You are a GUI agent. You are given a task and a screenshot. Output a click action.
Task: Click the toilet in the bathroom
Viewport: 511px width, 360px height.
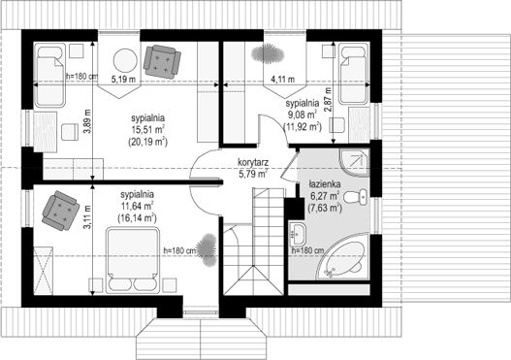point(356,197)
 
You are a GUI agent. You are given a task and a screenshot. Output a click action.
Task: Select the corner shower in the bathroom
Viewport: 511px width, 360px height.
point(355,162)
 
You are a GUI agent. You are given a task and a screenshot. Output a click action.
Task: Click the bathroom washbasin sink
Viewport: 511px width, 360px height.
point(297,233)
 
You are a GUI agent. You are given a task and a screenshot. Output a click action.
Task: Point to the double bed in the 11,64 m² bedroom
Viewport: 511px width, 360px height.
point(133,260)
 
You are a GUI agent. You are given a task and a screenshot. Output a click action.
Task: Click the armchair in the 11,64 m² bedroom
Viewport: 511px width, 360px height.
point(61,211)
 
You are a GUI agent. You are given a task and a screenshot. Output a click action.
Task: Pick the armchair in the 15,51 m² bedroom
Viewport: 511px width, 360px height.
point(162,62)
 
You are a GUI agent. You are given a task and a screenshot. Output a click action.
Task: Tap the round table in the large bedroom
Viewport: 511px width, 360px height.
point(125,60)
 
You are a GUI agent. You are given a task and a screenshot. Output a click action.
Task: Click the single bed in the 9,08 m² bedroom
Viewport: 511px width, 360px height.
point(354,76)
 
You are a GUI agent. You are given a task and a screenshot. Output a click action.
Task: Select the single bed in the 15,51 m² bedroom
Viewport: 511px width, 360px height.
point(49,76)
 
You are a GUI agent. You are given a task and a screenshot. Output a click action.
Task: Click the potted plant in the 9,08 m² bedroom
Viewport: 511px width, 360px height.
point(268,53)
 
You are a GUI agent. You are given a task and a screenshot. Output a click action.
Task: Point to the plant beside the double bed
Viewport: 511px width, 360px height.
point(207,249)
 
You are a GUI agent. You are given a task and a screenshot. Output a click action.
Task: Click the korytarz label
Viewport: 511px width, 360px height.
point(253,162)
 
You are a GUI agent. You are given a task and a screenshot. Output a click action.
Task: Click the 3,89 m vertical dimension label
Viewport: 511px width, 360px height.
point(87,121)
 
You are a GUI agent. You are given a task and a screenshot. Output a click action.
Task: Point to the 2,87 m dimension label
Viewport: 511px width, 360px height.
point(328,100)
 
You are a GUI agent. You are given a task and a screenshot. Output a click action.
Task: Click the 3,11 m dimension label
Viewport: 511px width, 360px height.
point(87,216)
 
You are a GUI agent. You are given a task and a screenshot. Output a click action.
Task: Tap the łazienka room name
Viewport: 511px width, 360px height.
point(325,185)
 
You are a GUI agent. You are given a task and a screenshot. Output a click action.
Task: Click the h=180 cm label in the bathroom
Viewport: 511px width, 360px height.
point(307,250)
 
